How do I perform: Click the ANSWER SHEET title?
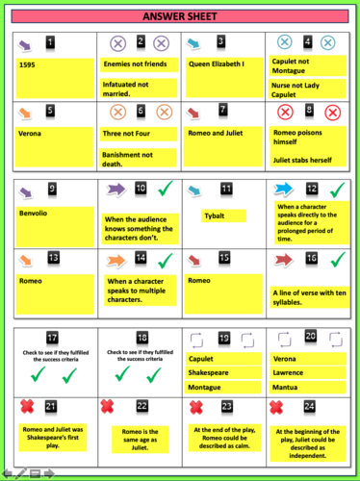click(x=180, y=16)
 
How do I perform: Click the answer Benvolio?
click(x=36, y=211)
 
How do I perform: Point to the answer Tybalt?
click(x=218, y=216)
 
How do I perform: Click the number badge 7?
click(x=223, y=110)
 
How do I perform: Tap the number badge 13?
click(x=53, y=258)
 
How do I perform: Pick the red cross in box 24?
click(x=279, y=406)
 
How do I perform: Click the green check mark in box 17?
click(x=52, y=370)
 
